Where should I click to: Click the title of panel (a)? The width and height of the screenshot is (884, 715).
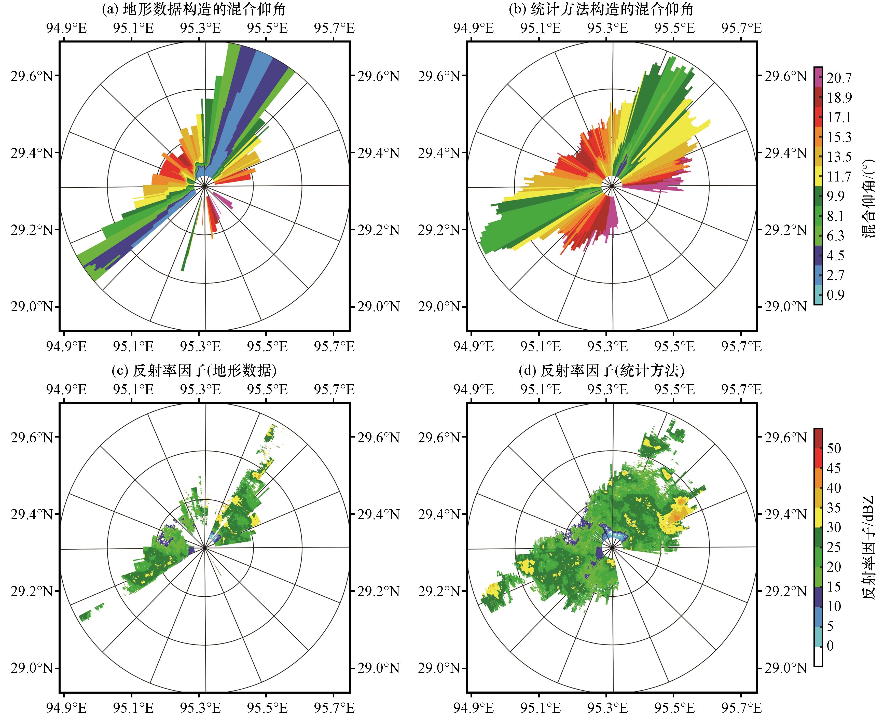coord(194,9)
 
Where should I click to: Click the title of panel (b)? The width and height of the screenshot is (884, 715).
coord(601,9)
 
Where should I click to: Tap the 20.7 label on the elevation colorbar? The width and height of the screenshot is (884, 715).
coord(839,78)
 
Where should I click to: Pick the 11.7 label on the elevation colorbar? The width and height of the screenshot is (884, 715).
coord(839,177)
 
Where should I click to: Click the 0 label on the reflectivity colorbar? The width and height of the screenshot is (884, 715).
coord(830,646)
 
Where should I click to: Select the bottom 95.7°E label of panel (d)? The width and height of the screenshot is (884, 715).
coord(741,708)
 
